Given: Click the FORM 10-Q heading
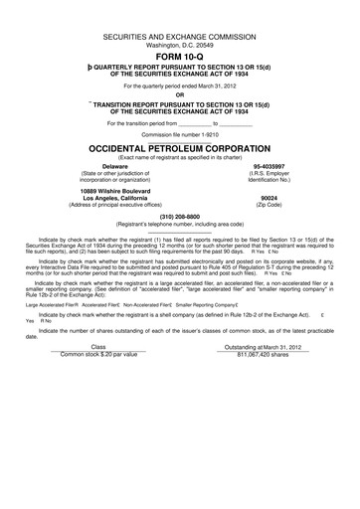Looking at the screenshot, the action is tap(180, 58).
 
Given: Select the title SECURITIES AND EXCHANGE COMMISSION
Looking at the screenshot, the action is tap(180, 36).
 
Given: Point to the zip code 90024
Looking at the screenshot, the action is tap(269, 197).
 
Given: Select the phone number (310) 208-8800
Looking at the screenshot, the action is tap(180, 217).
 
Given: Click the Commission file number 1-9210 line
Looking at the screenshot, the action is tap(180, 133).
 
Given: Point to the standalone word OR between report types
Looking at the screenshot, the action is tap(180, 96).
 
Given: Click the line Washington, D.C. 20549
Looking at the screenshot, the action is tap(180, 45).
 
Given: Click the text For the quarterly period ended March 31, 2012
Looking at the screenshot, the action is tap(180, 86).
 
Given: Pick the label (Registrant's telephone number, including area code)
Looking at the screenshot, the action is tap(180, 224).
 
